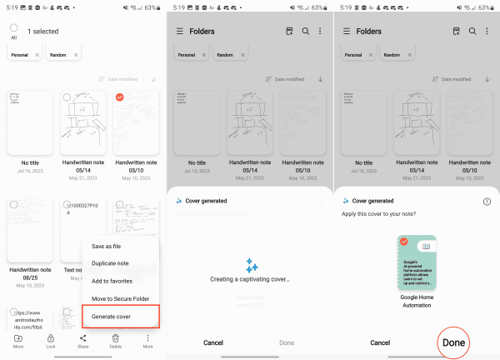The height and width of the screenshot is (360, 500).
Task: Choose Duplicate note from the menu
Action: [112, 262]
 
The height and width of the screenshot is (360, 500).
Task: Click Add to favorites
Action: [112, 280]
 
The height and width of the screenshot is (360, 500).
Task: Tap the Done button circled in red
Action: [453, 342]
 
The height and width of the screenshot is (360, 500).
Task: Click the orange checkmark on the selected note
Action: [121, 97]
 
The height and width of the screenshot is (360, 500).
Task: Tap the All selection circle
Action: [14, 27]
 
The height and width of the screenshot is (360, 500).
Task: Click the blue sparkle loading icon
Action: [250, 264]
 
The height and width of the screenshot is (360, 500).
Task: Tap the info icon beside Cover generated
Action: [487, 202]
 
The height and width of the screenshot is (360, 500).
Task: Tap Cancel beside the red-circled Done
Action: [380, 342]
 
